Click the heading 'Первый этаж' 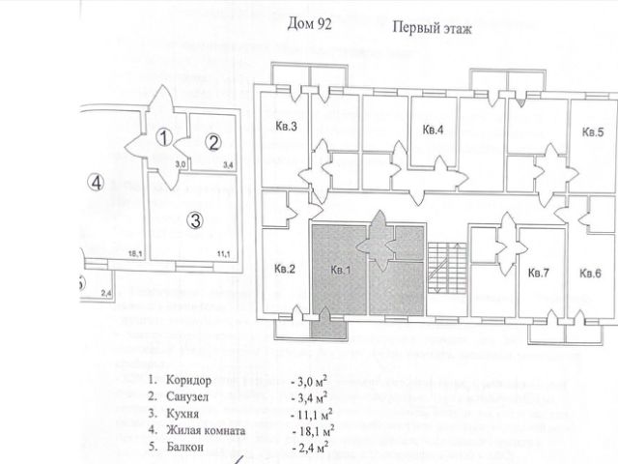(x=433, y=29)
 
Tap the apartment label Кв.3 (x=285, y=127)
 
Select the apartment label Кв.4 (x=433, y=130)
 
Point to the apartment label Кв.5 (x=592, y=131)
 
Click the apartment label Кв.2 (x=283, y=269)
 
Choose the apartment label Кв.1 (x=339, y=270)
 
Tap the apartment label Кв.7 (x=538, y=274)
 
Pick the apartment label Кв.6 (x=590, y=274)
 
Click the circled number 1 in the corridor (x=165, y=138)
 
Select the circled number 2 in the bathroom (x=212, y=142)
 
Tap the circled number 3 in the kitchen (x=194, y=219)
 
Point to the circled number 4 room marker (x=95, y=181)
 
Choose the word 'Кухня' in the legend (x=182, y=414)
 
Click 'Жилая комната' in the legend (x=206, y=431)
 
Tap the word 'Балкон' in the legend (x=183, y=449)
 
